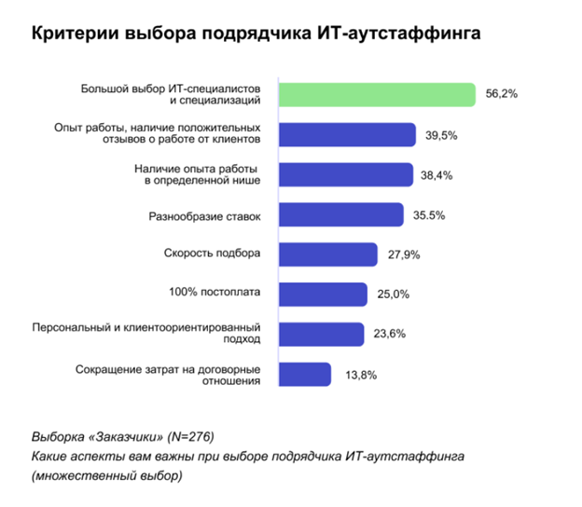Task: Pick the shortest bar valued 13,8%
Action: [x=305, y=374]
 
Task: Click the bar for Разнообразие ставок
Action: [x=341, y=214]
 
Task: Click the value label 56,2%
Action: [x=502, y=94]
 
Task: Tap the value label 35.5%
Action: [x=429, y=215]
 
